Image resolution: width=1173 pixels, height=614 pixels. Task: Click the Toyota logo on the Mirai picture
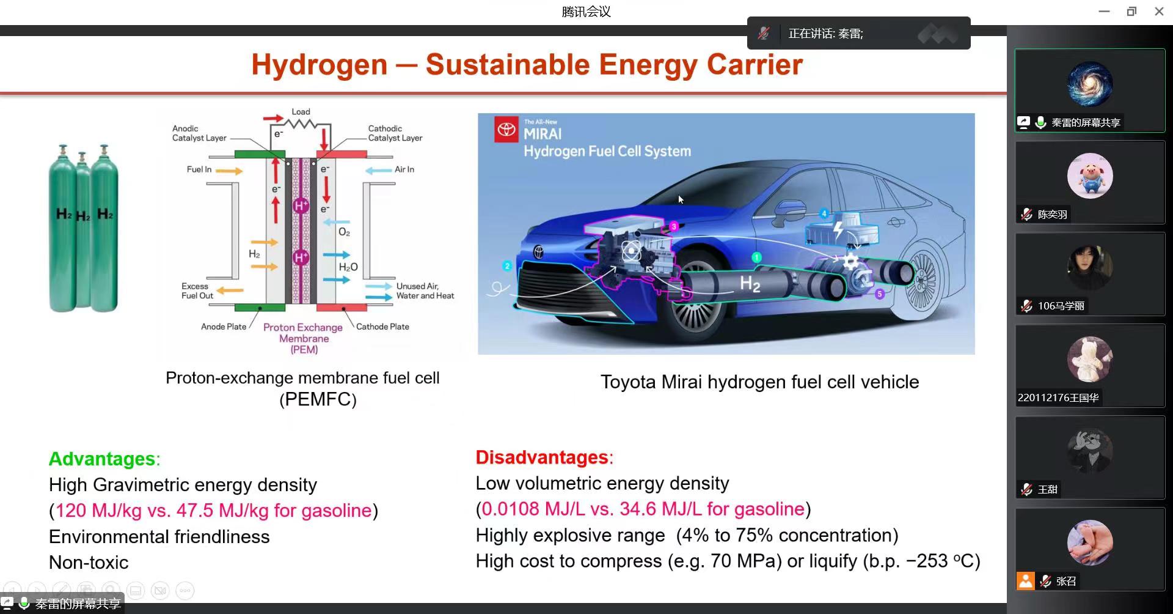506,130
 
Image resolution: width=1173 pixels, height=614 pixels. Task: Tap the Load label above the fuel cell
301,112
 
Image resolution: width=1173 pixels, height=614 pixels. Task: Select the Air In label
404,169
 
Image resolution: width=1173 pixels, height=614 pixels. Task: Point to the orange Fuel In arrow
229,171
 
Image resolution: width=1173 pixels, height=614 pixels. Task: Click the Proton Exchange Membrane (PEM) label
304,338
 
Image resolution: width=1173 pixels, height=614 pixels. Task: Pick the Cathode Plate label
382,327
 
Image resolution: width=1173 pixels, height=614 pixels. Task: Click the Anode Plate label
224,327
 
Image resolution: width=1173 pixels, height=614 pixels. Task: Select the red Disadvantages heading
542,457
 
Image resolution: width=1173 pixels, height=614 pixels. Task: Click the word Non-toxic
89,563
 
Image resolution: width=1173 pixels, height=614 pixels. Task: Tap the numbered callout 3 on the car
674,226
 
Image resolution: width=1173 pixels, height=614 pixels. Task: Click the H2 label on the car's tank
750,284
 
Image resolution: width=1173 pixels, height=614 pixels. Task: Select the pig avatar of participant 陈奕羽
1090,176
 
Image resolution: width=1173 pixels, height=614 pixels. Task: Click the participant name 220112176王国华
1058,398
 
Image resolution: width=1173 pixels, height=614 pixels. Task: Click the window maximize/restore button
1131,12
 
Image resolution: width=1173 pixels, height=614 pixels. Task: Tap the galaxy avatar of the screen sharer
1090,84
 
